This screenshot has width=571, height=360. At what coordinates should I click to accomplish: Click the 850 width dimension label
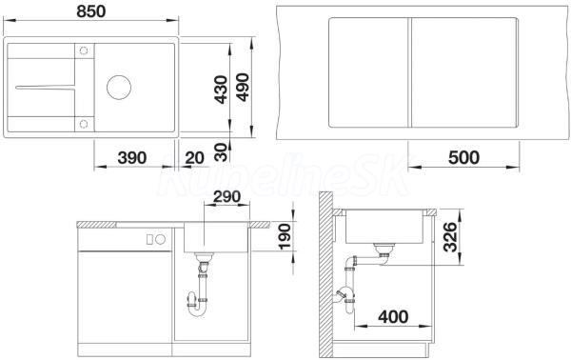91,11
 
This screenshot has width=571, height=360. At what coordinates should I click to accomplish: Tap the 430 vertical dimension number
221,90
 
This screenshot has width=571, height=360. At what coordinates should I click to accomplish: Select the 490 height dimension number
243,88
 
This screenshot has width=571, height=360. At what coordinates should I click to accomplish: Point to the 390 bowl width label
132,158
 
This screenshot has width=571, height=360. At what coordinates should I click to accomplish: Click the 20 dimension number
194,158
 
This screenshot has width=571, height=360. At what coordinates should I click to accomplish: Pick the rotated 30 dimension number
221,152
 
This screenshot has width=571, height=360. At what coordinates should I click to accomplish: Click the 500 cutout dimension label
463,158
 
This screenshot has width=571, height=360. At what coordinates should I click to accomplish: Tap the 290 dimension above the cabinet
226,197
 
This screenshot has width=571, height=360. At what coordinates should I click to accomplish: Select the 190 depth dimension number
285,236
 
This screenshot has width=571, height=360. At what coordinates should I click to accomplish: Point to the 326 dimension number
450,237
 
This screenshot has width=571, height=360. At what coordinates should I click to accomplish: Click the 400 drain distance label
393,316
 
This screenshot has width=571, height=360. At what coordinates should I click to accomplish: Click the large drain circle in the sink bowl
119,87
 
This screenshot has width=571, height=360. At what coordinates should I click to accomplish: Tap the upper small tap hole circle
84,50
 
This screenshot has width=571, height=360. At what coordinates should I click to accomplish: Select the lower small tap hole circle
84,124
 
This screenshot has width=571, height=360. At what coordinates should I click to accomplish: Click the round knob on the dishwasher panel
160,239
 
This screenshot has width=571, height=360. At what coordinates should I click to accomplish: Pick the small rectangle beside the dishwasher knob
149,239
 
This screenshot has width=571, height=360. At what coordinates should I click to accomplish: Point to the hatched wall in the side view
325,274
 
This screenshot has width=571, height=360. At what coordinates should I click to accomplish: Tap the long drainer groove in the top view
45,87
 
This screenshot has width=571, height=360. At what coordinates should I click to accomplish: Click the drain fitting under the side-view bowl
383,250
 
